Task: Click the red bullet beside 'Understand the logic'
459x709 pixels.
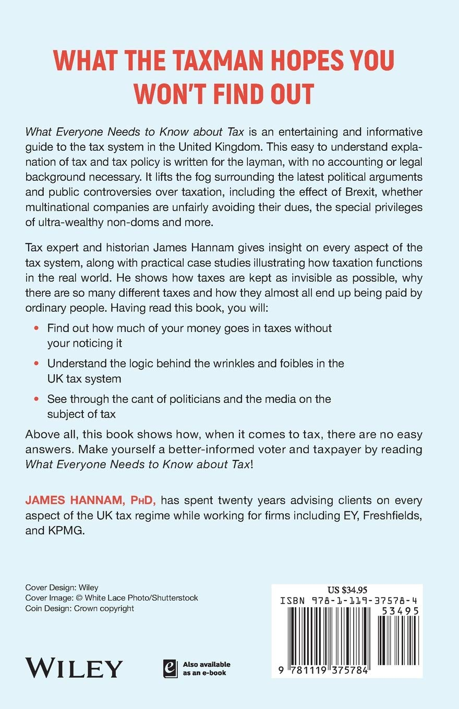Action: [36, 363]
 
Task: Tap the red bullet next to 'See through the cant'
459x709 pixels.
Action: [36, 399]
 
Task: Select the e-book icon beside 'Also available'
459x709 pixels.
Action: [169, 668]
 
